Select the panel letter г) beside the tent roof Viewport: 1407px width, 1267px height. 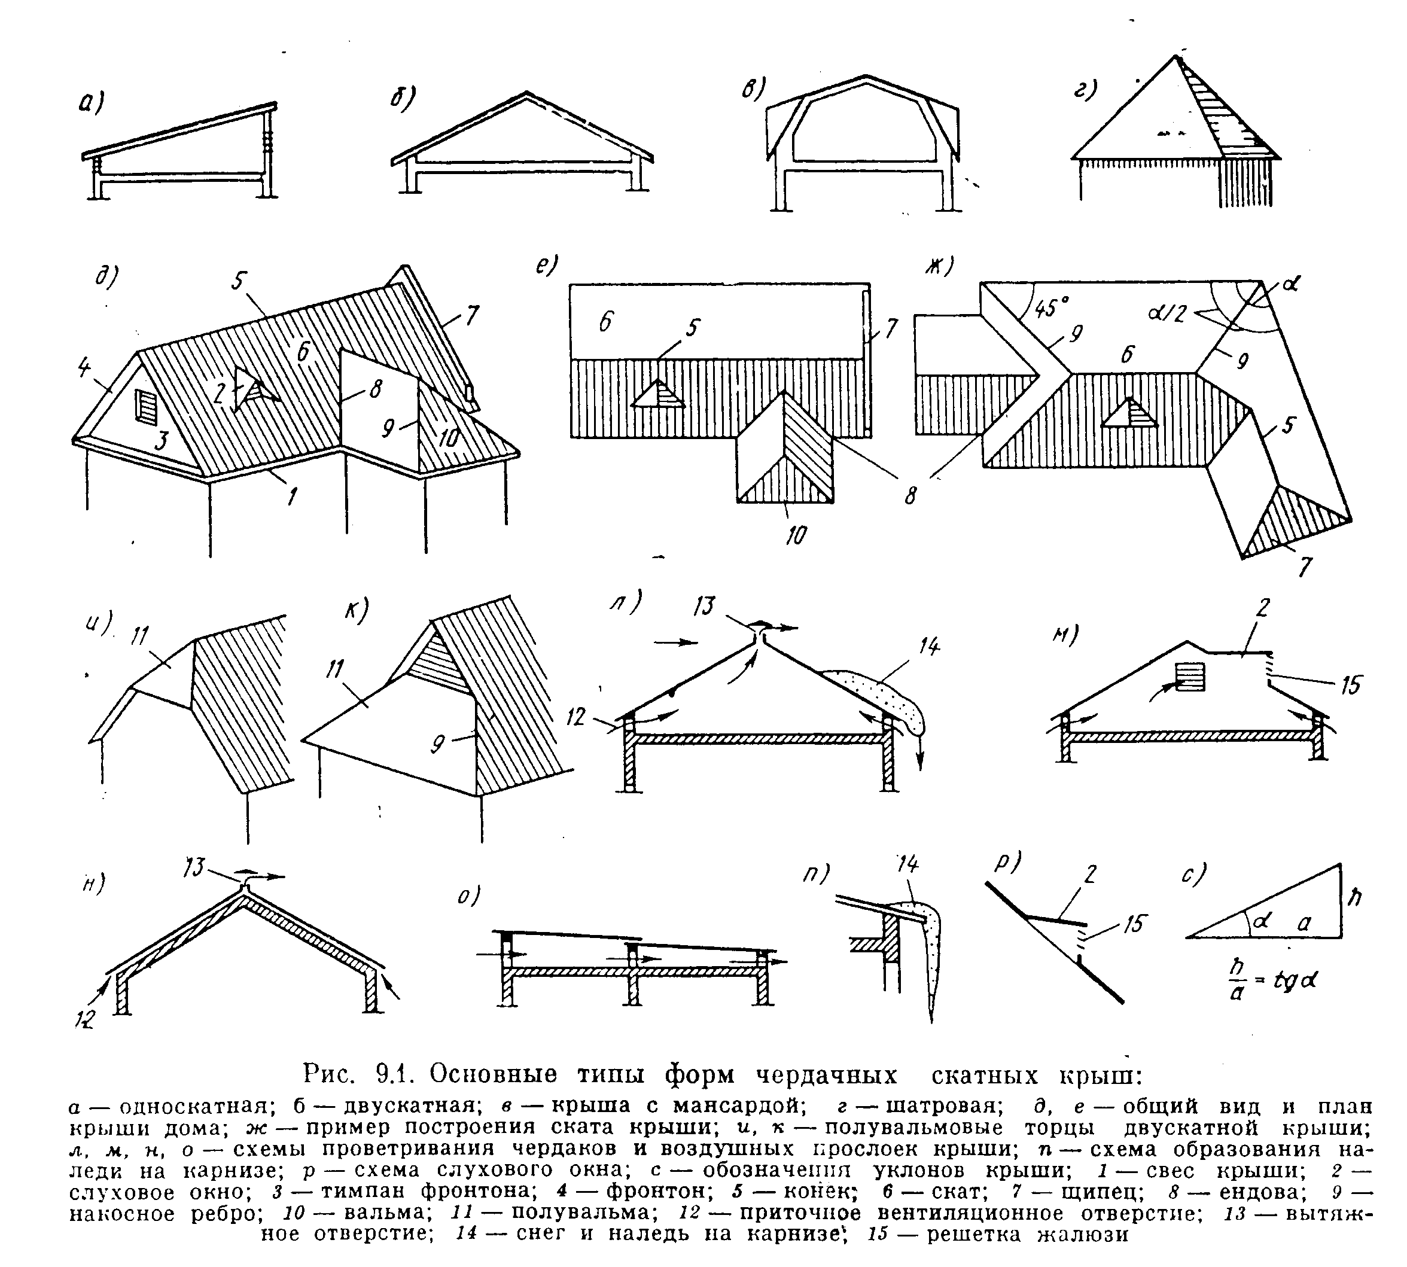pyautogui.click(x=1085, y=90)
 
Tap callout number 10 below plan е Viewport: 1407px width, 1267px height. pyautogui.click(x=796, y=535)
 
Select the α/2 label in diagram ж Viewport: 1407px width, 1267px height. pyautogui.click(x=1167, y=315)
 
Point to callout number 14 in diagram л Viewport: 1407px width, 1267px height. pyautogui.click(x=927, y=647)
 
